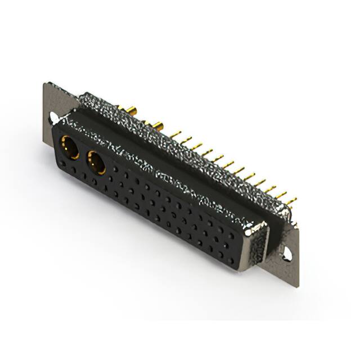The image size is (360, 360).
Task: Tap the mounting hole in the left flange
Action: (53, 118)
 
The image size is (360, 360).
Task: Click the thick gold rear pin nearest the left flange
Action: (131, 109)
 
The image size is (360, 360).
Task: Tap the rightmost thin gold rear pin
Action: (291, 201)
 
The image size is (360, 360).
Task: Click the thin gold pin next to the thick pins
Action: (176, 135)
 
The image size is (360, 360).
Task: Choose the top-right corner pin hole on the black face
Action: (232, 223)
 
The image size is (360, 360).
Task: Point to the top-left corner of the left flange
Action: (45, 84)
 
